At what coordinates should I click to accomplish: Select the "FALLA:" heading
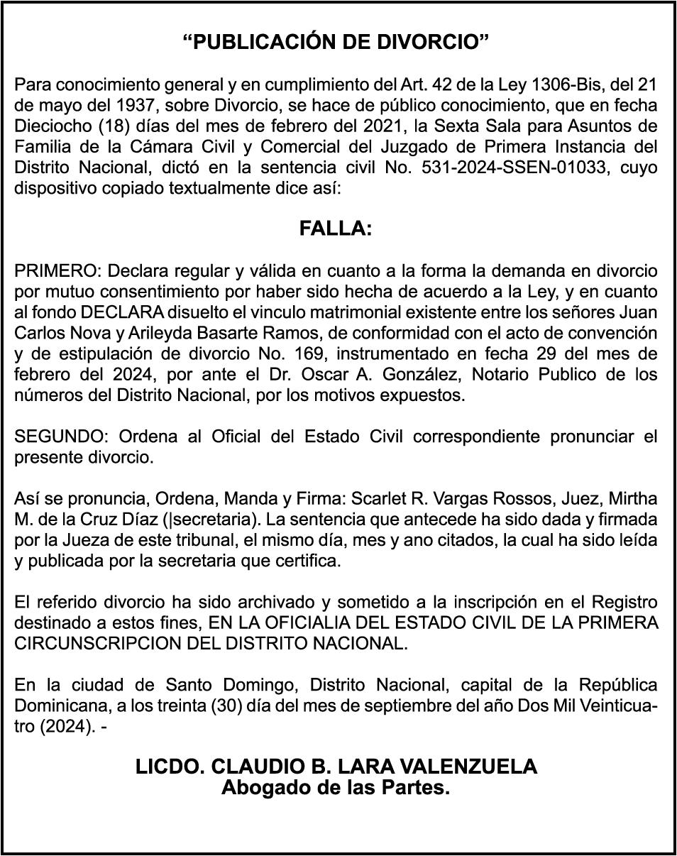(336, 229)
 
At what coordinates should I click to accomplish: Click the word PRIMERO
(55, 271)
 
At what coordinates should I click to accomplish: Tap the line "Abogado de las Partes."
(336, 787)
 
